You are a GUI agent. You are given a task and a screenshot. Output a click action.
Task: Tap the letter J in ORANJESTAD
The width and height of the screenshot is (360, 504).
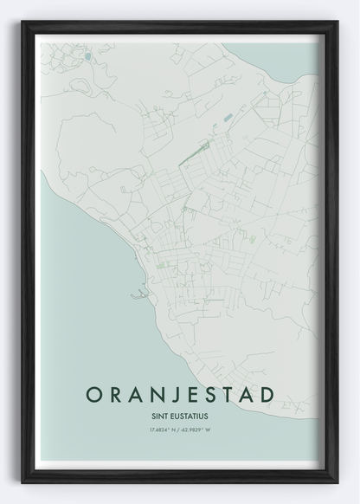click(x=173, y=394)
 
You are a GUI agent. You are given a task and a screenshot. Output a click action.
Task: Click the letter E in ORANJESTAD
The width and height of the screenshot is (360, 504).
click(x=190, y=394)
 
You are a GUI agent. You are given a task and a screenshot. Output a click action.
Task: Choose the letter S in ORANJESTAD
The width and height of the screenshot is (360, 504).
click(x=209, y=394)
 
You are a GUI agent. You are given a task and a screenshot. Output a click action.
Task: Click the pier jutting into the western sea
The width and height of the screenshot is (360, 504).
click(x=138, y=296)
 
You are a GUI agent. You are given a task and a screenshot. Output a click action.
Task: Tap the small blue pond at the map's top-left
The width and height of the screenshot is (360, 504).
click(x=87, y=57)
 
